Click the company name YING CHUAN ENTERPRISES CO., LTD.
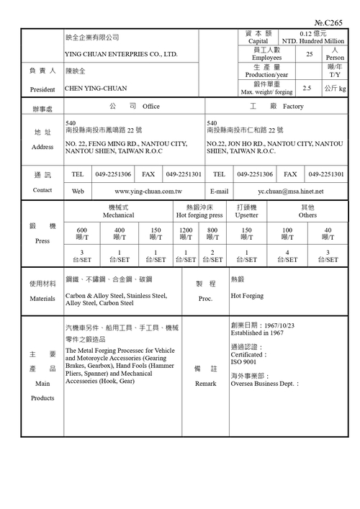[121, 54]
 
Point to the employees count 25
[309, 54]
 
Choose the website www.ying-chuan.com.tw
[148, 192]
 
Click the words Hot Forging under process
[246, 295]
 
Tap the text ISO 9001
[245, 362]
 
